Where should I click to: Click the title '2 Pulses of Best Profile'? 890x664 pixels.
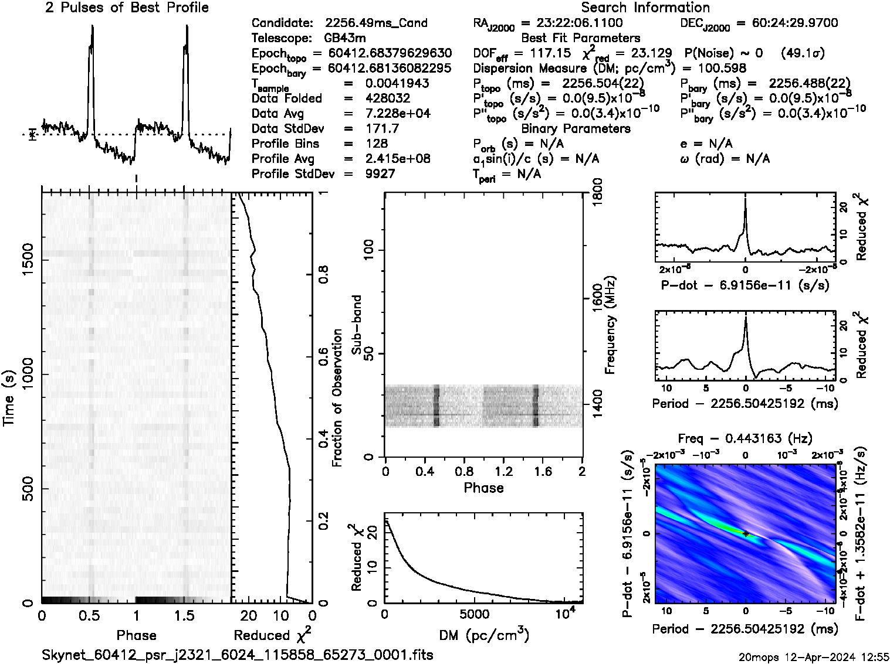127,8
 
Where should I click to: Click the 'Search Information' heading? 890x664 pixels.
645,8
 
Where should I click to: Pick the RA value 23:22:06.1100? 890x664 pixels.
572,23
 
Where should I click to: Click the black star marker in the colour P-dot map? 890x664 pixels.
745,533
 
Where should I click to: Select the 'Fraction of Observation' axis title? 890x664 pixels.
337,398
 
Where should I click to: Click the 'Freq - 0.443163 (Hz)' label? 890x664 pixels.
745,438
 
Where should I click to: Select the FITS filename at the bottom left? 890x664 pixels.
238,655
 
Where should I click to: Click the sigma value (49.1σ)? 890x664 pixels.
803,53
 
